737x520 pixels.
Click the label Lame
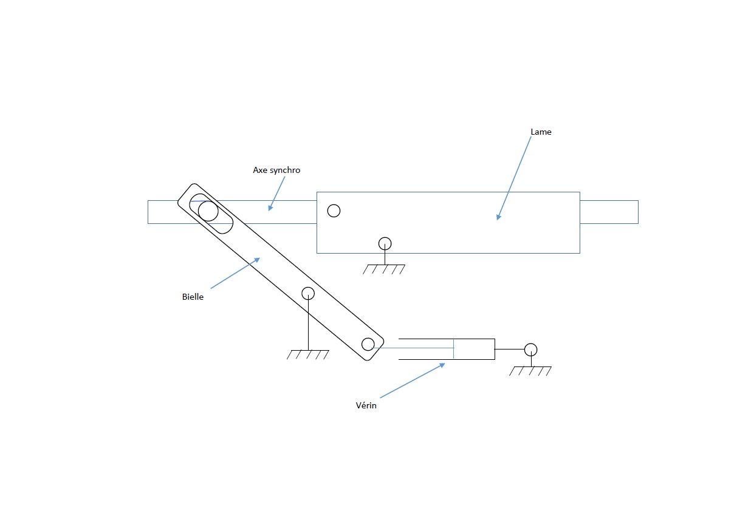coord(541,132)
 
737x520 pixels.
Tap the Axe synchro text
coord(276,170)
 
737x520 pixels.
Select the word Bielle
coord(193,297)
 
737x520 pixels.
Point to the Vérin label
coord(366,405)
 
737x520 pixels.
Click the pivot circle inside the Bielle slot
coord(208,211)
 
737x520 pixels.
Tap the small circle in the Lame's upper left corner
coord(334,211)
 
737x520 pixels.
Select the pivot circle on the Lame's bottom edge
coord(385,243)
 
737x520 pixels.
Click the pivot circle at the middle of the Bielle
coord(308,294)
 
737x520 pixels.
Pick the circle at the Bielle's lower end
coord(368,344)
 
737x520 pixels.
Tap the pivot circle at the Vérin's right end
coord(531,349)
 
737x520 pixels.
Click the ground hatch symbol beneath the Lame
coord(384,269)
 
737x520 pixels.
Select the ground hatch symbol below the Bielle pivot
coord(308,354)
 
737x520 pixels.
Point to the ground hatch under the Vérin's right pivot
coord(531,371)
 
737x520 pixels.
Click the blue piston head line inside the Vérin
coord(454,348)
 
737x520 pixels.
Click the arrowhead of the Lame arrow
coord(498,217)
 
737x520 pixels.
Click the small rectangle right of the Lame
coord(609,212)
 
